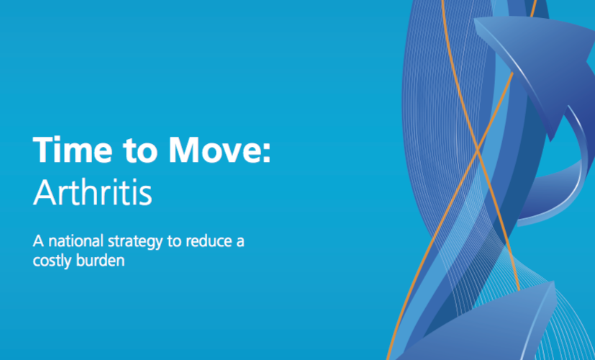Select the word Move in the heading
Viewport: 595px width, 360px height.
(214, 149)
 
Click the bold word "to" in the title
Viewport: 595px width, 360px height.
(140, 150)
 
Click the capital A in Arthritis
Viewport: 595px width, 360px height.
(44, 192)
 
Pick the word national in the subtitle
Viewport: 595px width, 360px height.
(76, 241)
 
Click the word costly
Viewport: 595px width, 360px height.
(52, 261)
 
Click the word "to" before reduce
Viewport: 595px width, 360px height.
(174, 242)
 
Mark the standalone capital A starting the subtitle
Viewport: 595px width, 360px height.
(38, 241)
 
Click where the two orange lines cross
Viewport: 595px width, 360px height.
(477, 150)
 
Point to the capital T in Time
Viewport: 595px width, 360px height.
(43, 150)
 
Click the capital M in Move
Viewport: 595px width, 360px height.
(184, 150)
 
